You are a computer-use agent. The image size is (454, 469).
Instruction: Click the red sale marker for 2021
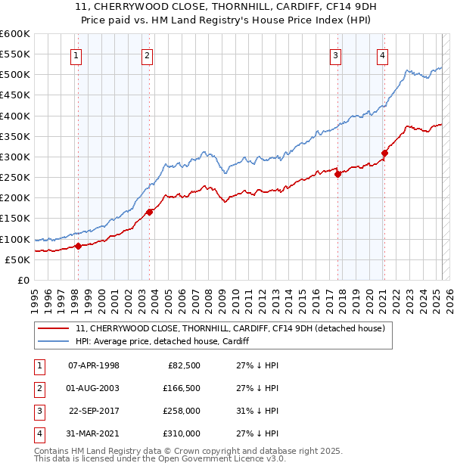tap(384, 153)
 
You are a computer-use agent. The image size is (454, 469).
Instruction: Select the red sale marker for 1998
tap(78, 246)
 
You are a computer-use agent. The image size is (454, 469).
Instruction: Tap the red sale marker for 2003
tap(149, 212)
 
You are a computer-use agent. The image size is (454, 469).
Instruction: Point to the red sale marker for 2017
tap(337, 174)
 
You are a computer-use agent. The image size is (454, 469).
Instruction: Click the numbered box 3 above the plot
tap(335, 54)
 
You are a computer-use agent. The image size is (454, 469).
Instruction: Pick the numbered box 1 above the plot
tap(77, 54)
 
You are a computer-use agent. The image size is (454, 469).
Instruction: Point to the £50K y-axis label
tap(17, 259)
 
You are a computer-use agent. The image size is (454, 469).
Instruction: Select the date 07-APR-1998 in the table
tap(94, 365)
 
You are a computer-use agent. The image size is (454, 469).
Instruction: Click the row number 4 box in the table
tap(37, 433)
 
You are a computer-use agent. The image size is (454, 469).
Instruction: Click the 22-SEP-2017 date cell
tap(94, 411)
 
